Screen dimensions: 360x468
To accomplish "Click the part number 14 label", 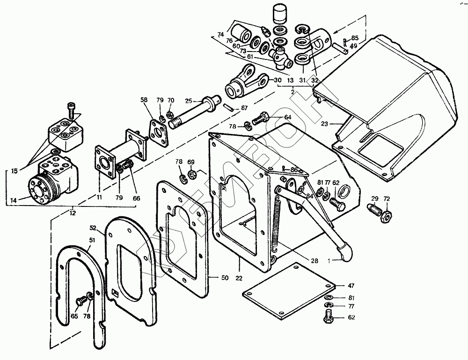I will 13,200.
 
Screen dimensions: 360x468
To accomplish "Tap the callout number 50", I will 225,278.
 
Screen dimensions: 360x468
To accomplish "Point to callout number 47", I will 352,285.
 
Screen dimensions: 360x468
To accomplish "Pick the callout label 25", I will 188,101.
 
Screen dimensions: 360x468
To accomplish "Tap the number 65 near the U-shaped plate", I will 74,317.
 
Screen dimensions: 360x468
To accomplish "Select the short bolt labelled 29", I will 375,208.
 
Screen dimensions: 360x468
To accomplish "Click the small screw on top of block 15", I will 71,109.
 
